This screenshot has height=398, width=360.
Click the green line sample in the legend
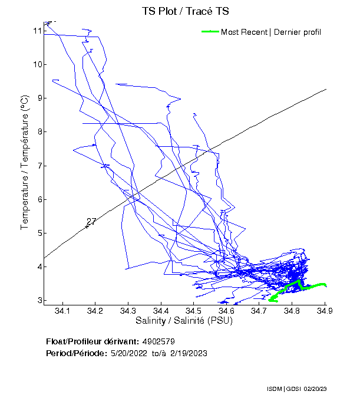click(x=210, y=32)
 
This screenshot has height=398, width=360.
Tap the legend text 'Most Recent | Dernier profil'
click(x=271, y=32)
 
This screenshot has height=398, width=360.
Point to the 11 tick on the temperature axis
click(x=37, y=30)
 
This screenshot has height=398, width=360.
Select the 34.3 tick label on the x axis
click(x=128, y=311)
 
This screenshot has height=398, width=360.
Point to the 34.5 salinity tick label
click(x=194, y=311)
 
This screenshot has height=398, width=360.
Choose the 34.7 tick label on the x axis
click(x=259, y=311)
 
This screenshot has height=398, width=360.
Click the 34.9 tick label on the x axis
click(x=325, y=311)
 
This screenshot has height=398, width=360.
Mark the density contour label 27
click(x=91, y=222)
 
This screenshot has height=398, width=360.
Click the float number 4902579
click(x=158, y=341)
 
